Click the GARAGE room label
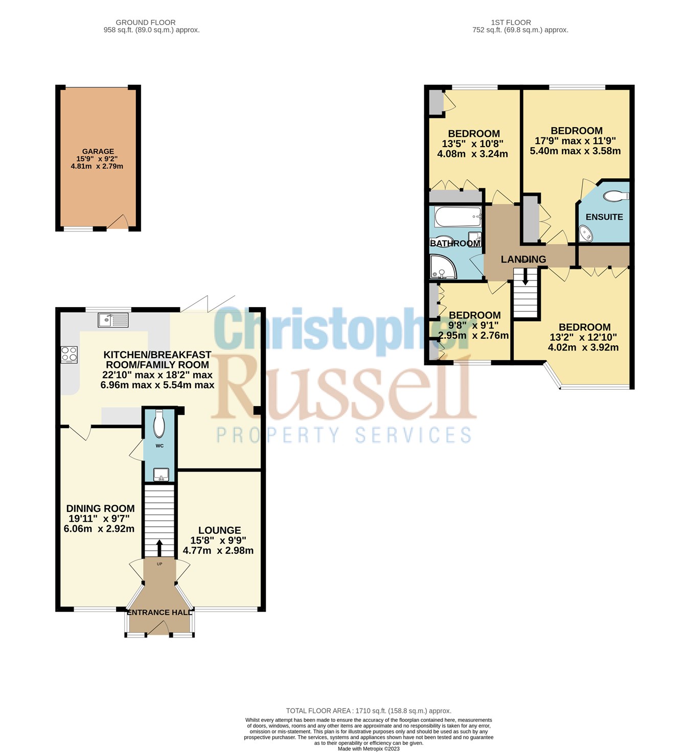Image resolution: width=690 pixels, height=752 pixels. pos(98,151)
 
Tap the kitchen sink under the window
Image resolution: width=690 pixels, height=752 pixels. pos(113,320)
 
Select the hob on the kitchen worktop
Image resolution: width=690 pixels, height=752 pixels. pos(70,355)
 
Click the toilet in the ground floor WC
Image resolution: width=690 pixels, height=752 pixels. pos(159,424)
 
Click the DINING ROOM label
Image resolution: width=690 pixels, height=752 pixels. pos(100,508)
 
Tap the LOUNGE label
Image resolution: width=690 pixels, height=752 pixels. pos(219,530)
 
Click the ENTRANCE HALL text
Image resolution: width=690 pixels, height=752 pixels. pos(160,612)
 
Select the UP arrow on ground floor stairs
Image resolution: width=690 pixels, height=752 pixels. pos(159,548)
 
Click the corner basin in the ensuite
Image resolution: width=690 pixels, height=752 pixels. pos(586,234)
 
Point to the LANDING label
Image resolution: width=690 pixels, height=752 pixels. pos(523,260)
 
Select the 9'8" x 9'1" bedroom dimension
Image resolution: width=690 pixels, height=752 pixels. pos(473,325)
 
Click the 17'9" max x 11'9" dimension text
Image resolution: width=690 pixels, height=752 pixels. pos(575,141)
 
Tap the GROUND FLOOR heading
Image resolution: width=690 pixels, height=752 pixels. pos(146,22)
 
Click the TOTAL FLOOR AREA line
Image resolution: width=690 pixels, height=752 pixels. pos(369,711)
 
